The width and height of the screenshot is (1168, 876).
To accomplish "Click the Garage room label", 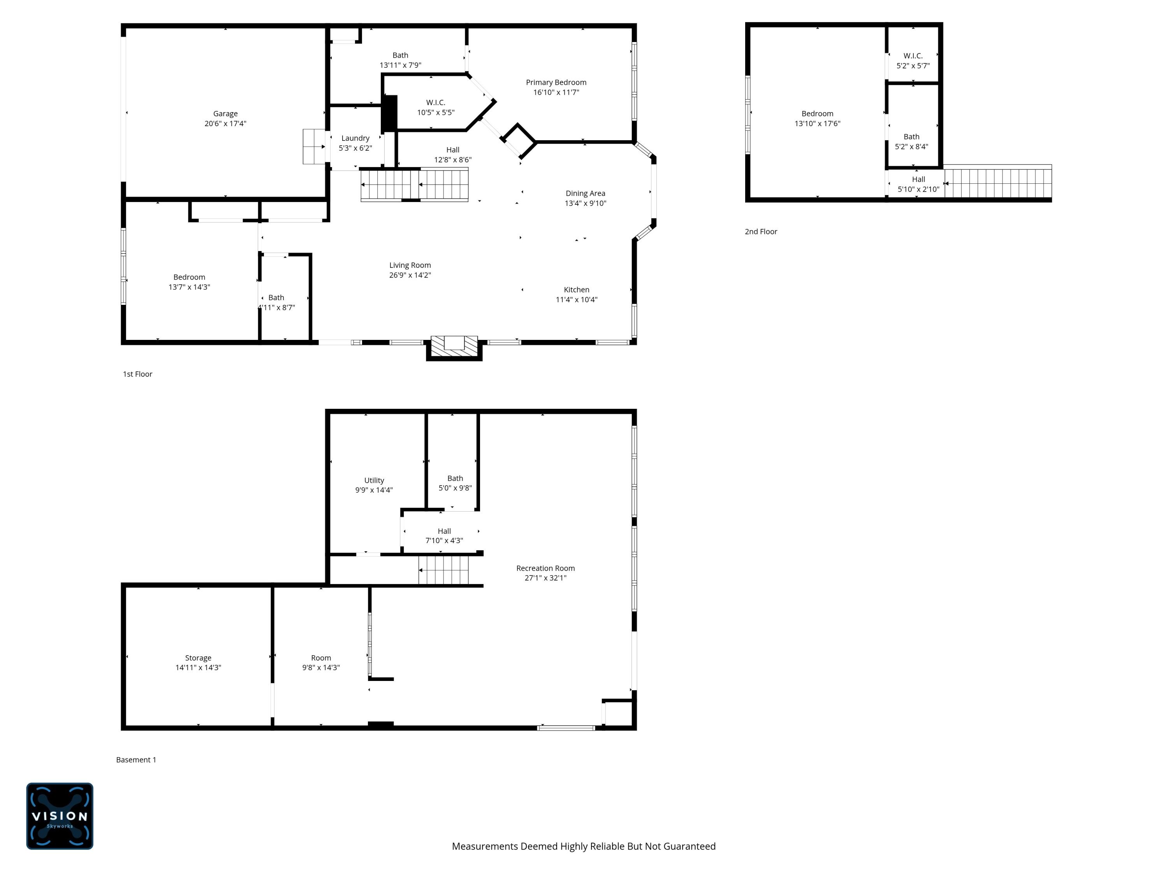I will [x=225, y=114].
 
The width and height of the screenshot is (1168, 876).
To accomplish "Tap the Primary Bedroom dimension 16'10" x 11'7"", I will [x=556, y=92].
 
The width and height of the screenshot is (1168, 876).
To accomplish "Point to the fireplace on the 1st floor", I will [x=454, y=347].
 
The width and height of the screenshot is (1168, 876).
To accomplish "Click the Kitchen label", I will [x=576, y=289].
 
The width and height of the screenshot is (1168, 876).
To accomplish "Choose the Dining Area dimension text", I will [x=585, y=203].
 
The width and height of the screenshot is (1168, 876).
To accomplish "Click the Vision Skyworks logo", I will [x=60, y=816].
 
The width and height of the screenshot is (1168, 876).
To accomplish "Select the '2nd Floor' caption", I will [x=760, y=231].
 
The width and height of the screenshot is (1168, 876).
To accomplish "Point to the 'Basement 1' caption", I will [x=136, y=759].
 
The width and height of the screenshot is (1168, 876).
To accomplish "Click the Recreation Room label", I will [x=545, y=568].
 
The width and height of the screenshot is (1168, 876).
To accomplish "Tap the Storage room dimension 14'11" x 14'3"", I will [x=198, y=667].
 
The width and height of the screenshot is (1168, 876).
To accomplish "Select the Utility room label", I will [x=374, y=480].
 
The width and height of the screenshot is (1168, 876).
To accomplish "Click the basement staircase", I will [x=443, y=570].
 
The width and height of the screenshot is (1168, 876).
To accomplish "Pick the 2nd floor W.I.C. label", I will [x=913, y=55].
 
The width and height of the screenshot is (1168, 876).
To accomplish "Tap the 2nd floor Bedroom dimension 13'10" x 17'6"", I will [x=817, y=123].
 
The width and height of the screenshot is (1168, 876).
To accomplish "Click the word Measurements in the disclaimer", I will [x=484, y=846].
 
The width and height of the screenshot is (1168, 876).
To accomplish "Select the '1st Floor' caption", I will [x=137, y=374].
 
